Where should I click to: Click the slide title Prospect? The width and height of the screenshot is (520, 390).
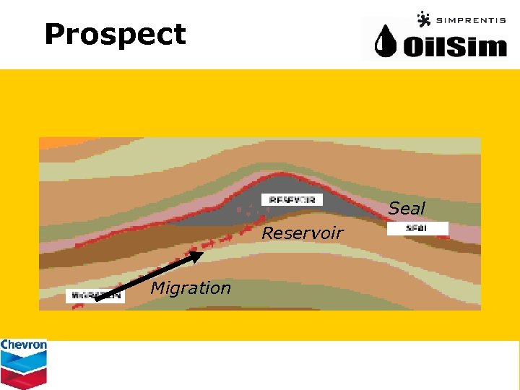(x=115, y=34)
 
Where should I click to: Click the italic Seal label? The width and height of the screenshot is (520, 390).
(x=407, y=209)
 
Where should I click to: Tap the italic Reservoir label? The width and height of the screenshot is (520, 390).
(x=302, y=233)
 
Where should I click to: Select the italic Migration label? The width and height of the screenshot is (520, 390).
(x=190, y=288)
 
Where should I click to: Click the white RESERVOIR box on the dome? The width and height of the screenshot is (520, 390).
(x=292, y=199)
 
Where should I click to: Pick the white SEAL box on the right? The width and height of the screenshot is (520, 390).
(x=417, y=228)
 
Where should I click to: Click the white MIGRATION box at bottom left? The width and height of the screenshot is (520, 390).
(x=95, y=295)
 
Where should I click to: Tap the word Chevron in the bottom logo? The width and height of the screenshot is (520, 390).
(x=24, y=345)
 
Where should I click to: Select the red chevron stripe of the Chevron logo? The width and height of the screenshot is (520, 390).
(x=24, y=376)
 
